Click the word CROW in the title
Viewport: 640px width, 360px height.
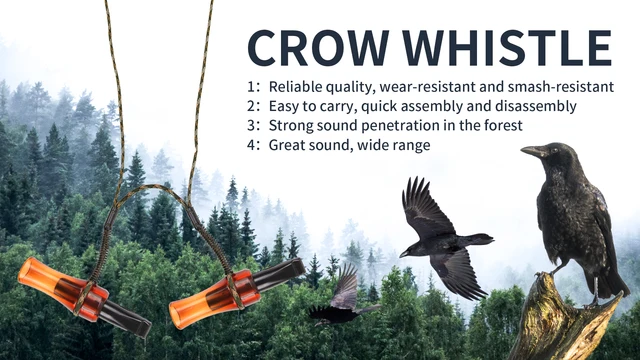(x=314, y=48)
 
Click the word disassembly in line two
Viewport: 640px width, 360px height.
(x=538, y=106)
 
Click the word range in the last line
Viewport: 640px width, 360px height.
(x=410, y=145)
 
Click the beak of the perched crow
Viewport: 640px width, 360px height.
(x=530, y=152)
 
